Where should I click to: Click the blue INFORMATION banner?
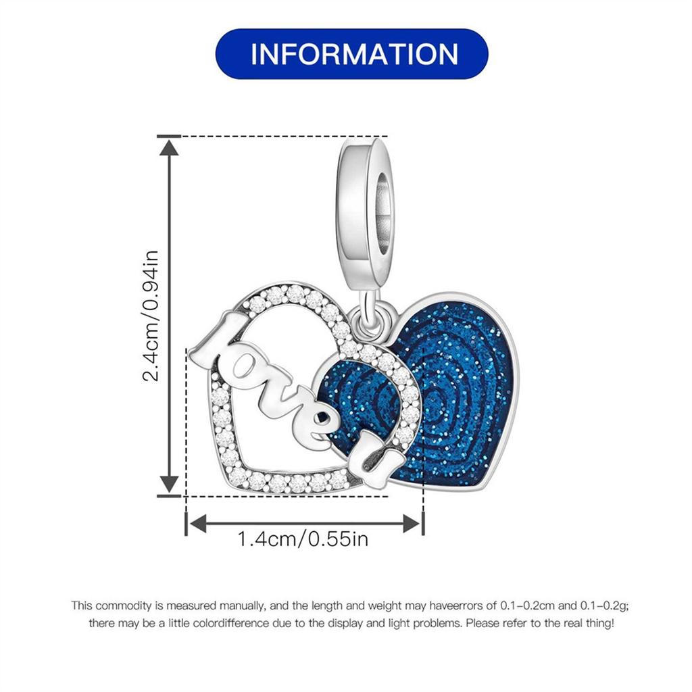(351, 54)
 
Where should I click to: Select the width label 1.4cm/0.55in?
(303, 539)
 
